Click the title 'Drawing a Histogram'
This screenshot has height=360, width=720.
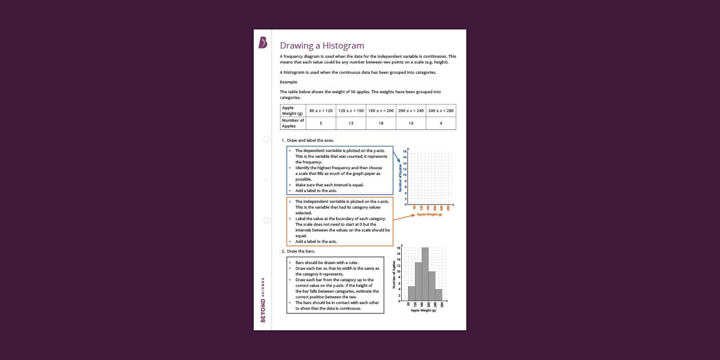click(322, 46)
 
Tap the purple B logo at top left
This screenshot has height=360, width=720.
click(263, 42)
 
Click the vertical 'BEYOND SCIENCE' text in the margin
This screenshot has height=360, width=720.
click(263, 300)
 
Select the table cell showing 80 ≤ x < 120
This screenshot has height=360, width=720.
click(321, 111)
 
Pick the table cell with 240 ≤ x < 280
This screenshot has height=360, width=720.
click(441, 111)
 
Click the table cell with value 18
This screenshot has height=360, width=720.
click(381, 123)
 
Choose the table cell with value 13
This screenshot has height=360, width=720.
click(351, 123)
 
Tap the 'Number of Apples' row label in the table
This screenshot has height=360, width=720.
click(293, 123)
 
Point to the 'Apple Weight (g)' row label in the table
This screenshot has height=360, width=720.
click(293, 111)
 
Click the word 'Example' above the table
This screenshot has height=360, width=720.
click(289, 82)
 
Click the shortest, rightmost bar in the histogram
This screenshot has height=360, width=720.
click(439, 295)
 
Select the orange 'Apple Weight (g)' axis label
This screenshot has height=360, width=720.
click(430, 214)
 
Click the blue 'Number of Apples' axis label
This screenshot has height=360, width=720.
click(401, 178)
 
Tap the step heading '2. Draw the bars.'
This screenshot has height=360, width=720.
click(298, 251)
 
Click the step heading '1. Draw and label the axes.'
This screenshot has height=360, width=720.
click(307, 141)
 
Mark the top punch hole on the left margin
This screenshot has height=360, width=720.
click(266, 139)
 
